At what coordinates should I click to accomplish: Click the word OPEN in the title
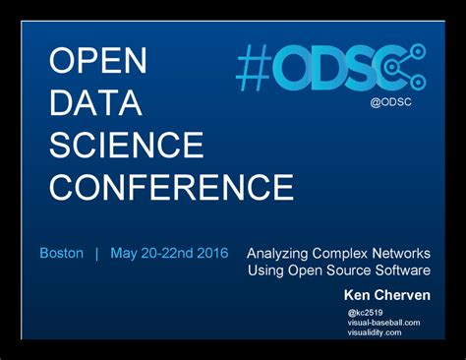coord(98,61)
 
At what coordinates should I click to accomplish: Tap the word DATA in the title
coord(96,102)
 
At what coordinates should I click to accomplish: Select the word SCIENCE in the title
coord(127,145)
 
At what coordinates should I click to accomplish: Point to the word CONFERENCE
coord(172,186)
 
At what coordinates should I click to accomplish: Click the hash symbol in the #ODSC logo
coord(255,69)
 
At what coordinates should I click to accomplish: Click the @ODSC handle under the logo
coord(391,101)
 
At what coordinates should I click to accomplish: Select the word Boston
coord(61,253)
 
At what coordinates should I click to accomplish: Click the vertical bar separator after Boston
coord(96,253)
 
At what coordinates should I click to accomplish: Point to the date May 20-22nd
coord(150,253)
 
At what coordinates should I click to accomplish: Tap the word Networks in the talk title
coord(400,253)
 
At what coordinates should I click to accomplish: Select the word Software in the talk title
coord(400,270)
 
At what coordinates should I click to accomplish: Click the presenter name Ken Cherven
coord(386,294)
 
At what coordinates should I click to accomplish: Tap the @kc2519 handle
coord(365,312)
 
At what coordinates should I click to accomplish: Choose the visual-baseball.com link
coord(383,322)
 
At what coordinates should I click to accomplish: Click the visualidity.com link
coord(374,331)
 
